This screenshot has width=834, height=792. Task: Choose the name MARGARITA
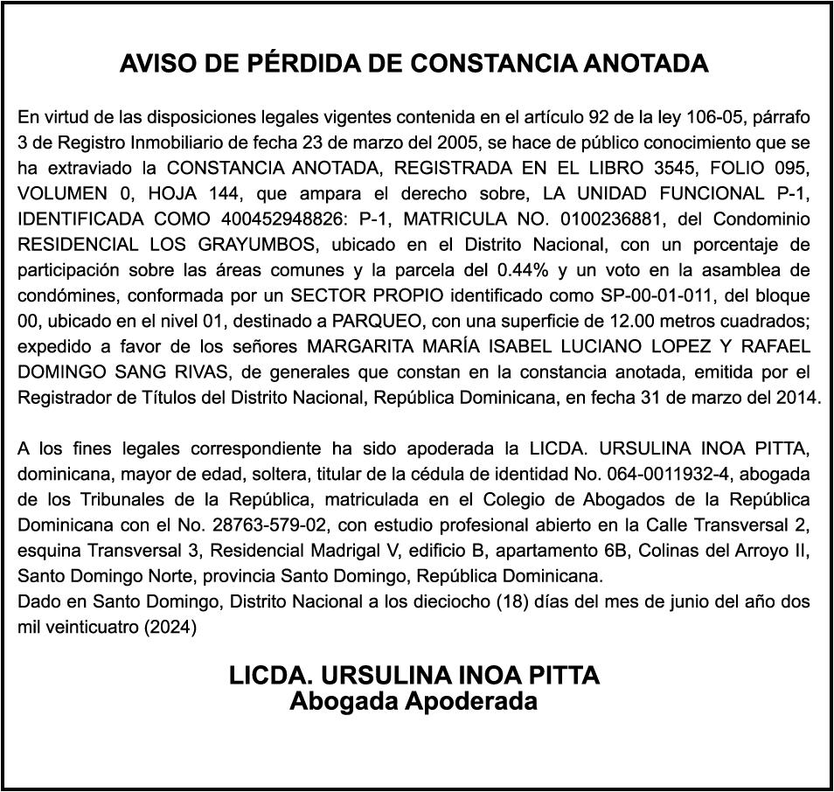pos(359,346)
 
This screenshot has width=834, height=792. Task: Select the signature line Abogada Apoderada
pos(414,701)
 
